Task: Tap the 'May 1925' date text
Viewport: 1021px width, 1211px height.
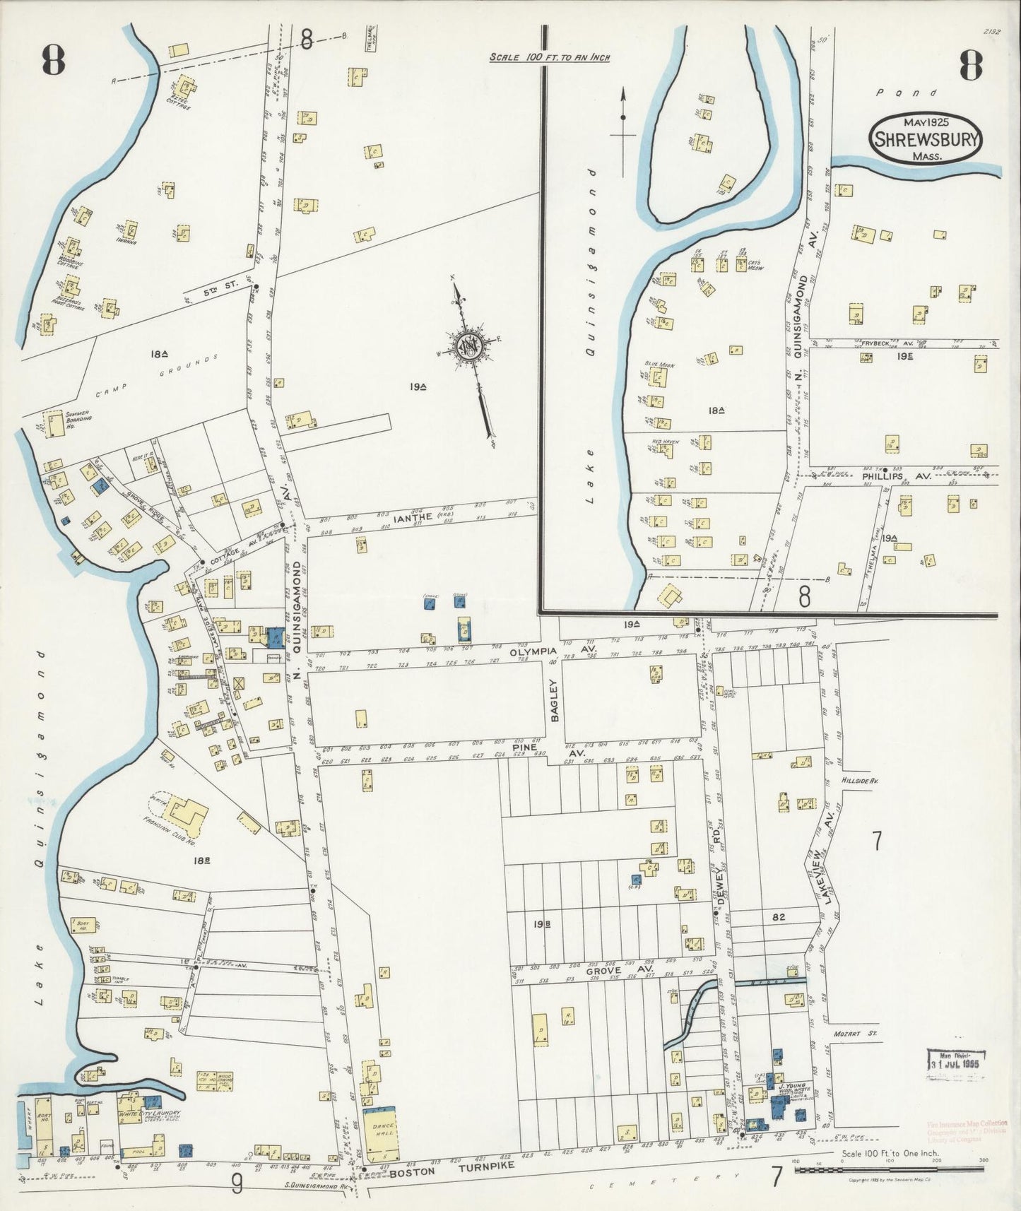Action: click(x=925, y=122)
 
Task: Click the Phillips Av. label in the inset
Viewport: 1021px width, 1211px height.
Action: click(x=893, y=476)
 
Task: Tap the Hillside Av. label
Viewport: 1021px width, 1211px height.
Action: click(x=859, y=781)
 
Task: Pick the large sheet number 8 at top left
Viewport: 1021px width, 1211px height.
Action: click(x=52, y=61)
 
